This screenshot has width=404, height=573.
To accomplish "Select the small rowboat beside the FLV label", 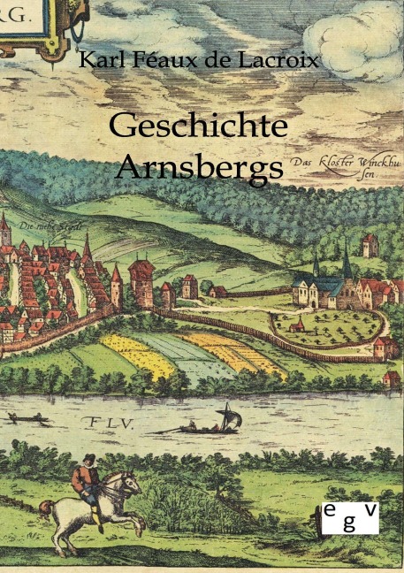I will [29, 416].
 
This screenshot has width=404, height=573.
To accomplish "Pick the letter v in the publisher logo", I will [370, 507].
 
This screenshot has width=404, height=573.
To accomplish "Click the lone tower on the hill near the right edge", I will [370, 244].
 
